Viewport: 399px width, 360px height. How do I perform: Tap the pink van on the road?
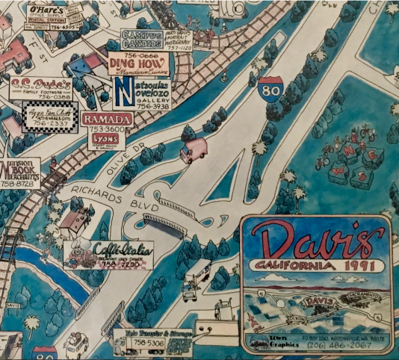tap(193, 150)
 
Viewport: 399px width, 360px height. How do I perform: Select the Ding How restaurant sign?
tap(133, 65)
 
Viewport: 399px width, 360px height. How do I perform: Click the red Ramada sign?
tap(107, 120)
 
